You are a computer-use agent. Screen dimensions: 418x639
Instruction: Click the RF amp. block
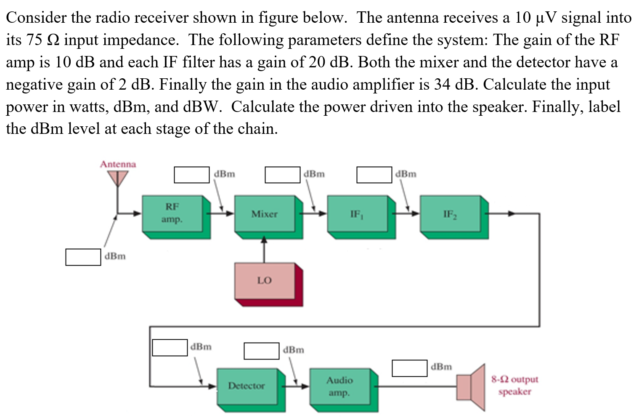(172, 213)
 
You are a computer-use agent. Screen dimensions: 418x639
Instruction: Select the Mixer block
(265, 214)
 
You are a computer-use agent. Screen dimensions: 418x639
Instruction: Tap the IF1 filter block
(357, 214)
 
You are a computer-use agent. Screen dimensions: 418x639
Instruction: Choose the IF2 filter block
(450, 214)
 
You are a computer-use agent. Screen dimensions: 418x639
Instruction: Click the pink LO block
(265, 280)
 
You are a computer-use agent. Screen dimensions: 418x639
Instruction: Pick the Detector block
(247, 386)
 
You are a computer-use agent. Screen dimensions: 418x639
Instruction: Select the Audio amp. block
(340, 386)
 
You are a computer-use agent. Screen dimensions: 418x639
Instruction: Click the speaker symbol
(471, 386)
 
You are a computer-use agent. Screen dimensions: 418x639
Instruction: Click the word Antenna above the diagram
(118, 164)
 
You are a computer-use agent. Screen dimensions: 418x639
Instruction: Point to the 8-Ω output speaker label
(514, 385)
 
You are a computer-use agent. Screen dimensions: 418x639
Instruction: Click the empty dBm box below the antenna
(83, 257)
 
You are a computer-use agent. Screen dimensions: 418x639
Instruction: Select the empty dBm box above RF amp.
(191, 175)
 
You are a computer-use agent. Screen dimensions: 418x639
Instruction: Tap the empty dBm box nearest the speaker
(409, 368)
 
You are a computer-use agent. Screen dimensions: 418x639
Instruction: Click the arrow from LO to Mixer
(264, 251)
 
